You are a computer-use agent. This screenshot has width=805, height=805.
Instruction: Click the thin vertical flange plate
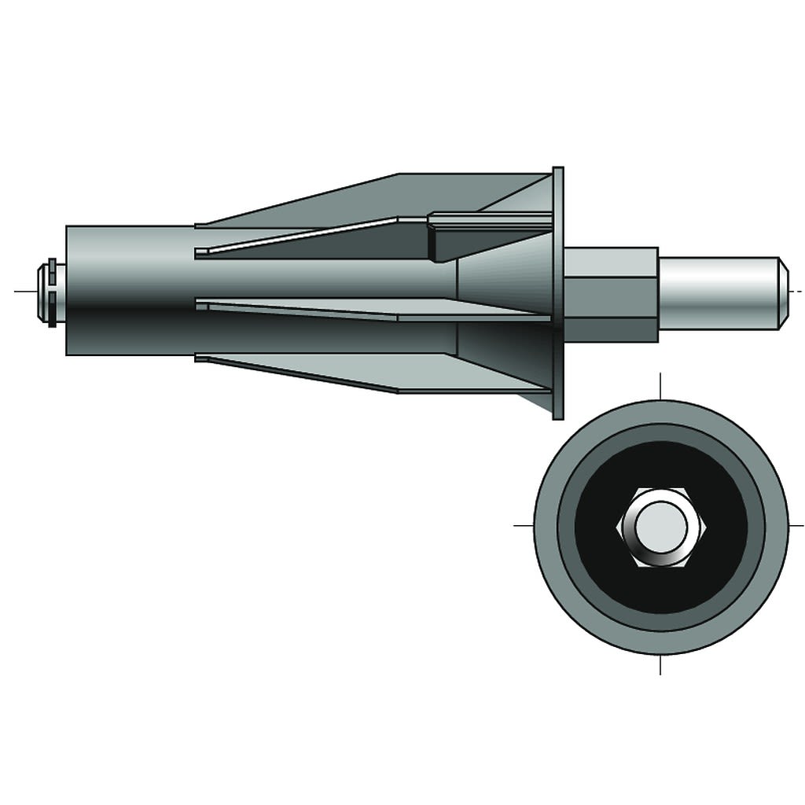click(558, 292)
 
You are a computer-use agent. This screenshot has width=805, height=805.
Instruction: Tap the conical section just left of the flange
click(503, 292)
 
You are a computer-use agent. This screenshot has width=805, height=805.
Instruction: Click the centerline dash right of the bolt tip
click(797, 292)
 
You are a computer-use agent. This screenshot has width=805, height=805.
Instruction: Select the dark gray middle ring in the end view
click(566, 524)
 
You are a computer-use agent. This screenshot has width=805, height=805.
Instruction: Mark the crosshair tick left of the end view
click(523, 524)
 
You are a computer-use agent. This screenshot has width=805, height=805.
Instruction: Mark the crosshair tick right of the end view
click(796, 524)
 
